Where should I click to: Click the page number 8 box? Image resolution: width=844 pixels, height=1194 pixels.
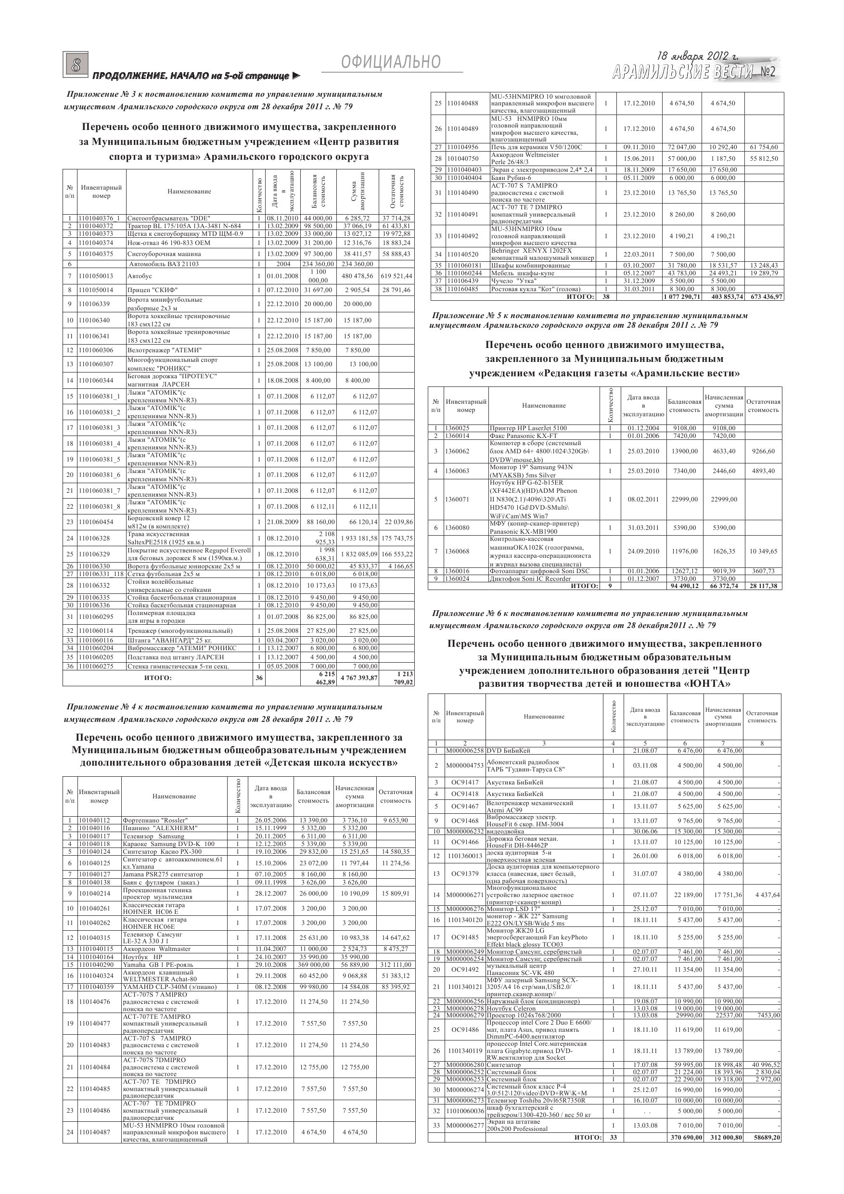tap(77, 65)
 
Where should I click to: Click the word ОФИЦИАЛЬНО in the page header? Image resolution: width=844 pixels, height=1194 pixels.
tap(391, 63)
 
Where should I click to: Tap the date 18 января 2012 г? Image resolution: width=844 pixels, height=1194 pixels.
tap(697, 56)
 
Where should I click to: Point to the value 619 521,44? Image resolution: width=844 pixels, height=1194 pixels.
tap(396, 276)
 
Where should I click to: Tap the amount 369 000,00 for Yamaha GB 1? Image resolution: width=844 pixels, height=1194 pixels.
tap(311, 964)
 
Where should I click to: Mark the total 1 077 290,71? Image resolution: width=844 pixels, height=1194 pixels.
tap(682, 297)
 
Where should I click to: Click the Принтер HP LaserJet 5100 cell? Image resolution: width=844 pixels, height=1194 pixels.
tap(528, 428)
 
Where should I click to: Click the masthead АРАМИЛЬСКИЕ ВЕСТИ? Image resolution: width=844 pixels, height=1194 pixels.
tap(682, 72)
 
